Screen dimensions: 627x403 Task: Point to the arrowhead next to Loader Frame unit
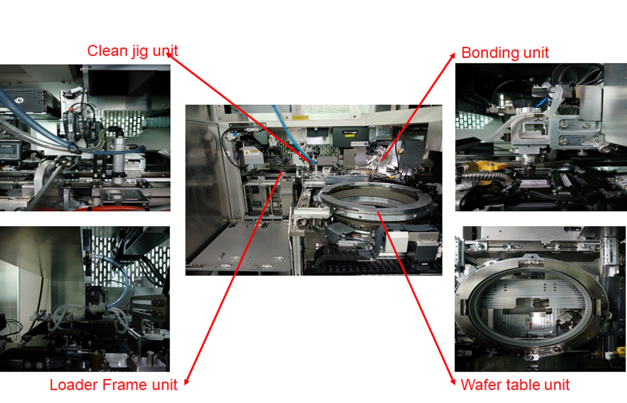[x=186, y=382]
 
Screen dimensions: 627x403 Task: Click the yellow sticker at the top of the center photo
[x=300, y=118]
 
